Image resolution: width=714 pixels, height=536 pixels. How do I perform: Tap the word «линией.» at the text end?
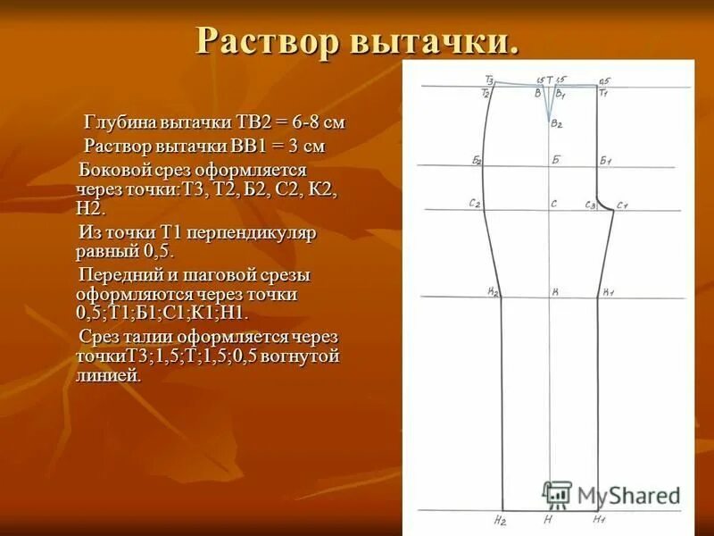109,375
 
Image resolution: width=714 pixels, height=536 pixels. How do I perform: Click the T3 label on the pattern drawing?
490,79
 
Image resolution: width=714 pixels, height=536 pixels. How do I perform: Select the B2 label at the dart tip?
556,124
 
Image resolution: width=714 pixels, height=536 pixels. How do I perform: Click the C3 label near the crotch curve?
590,205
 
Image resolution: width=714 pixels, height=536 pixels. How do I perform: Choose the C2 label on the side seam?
475,204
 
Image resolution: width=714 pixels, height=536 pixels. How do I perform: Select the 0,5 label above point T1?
604,80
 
